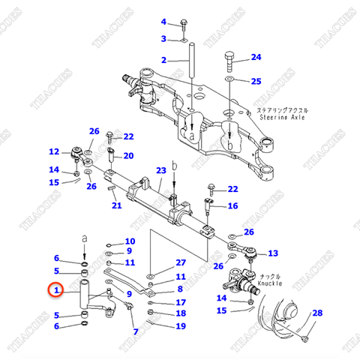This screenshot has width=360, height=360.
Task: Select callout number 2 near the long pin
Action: point(163,59)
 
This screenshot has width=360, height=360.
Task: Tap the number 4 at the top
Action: point(163,23)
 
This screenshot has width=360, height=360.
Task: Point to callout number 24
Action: point(256,57)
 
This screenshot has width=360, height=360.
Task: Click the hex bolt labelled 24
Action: point(229,58)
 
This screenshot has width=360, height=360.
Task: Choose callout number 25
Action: point(256,80)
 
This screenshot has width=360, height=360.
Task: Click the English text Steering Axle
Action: point(280,118)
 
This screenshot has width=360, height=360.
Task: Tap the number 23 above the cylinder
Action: point(160,172)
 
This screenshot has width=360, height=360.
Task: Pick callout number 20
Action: point(128,155)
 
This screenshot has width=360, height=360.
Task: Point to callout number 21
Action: point(116,205)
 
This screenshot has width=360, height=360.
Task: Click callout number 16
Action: point(232,205)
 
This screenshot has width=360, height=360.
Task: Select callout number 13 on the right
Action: point(272,253)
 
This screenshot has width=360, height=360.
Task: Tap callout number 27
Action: point(180,262)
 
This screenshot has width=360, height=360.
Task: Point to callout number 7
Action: point(135,331)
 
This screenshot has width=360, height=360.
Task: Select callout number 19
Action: point(180,326)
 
